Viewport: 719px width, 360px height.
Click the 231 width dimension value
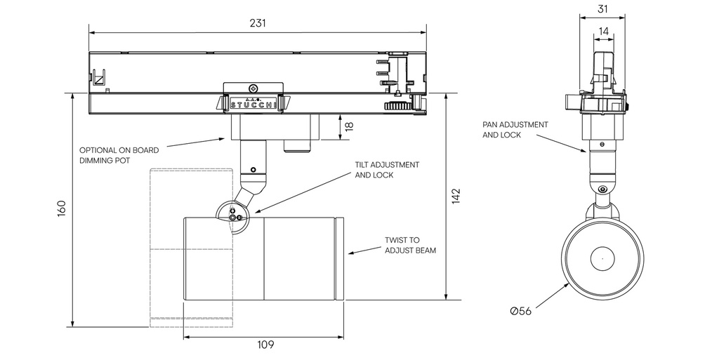click(x=258, y=22)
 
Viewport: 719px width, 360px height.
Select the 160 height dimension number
click(x=62, y=208)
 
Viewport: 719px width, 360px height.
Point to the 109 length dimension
click(x=265, y=345)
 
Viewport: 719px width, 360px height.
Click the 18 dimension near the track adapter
click(x=349, y=126)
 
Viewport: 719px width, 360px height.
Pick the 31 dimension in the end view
click(x=602, y=9)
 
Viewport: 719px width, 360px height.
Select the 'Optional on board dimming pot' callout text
click(x=119, y=155)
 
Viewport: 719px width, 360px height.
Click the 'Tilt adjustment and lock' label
click(x=387, y=170)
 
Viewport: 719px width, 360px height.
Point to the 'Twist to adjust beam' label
click(x=411, y=245)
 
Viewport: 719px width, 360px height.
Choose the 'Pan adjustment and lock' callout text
click(x=515, y=129)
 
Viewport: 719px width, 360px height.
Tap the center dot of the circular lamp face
click(x=602, y=258)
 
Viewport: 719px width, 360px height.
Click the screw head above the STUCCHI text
click(x=253, y=89)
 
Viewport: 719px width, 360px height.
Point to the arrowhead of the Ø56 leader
click(x=570, y=284)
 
